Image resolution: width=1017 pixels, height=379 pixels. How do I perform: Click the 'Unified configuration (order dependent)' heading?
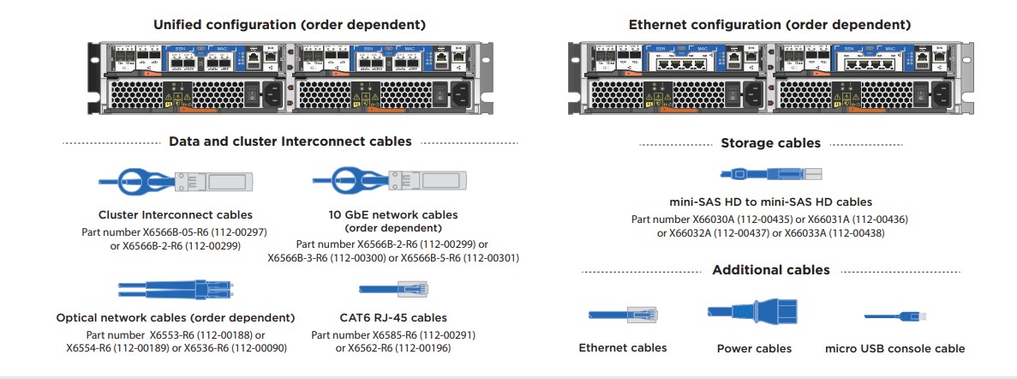[289, 25]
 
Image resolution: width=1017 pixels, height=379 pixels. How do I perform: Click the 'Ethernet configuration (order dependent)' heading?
[769, 25]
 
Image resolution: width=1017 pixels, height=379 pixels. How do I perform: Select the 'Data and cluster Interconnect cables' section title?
[290, 141]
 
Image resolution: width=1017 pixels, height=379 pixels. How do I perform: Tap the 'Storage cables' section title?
[770, 143]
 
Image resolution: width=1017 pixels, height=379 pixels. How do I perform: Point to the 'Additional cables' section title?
[770, 270]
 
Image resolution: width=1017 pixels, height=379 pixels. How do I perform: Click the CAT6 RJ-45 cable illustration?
[393, 289]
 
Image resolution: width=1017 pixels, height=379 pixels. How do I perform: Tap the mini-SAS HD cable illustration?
[769, 174]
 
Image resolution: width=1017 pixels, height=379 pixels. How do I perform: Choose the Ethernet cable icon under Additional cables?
[622, 316]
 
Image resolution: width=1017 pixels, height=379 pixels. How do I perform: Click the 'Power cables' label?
[754, 349]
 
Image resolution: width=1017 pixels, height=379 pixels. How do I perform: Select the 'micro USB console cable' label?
[894, 349]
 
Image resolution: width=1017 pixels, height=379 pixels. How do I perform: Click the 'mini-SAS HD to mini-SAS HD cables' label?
[770, 202]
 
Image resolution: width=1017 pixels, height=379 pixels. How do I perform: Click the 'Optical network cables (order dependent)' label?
[175, 318]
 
